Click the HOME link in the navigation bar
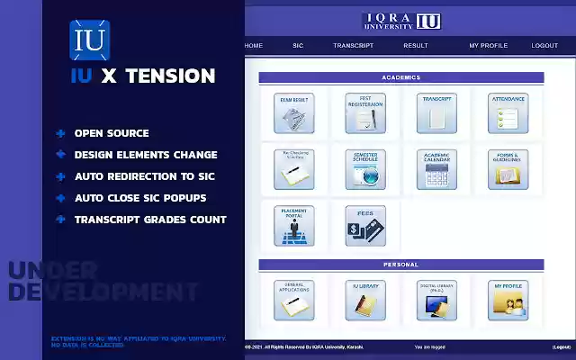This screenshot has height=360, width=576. pyautogui.click(x=254, y=46)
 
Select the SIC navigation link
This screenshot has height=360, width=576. pyautogui.click(x=298, y=46)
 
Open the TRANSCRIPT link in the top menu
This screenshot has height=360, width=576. pyautogui.click(x=353, y=46)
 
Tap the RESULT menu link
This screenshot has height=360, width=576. pyautogui.click(x=416, y=46)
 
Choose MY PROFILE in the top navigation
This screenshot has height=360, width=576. pyautogui.click(x=488, y=46)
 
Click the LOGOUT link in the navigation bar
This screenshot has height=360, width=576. pyautogui.click(x=544, y=46)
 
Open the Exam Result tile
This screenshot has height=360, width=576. pyautogui.click(x=294, y=112)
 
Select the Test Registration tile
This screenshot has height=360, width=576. pyautogui.click(x=365, y=112)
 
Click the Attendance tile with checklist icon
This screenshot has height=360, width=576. pyautogui.click(x=508, y=112)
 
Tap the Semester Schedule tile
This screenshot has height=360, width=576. pyautogui.click(x=365, y=168)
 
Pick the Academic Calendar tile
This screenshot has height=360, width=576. pyautogui.click(x=436, y=168)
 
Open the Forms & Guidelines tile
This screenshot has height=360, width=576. pyautogui.click(x=508, y=168)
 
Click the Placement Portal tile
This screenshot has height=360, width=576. pyautogui.click(x=294, y=225)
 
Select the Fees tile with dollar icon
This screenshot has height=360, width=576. pyautogui.click(x=365, y=225)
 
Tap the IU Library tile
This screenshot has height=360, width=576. pyautogui.click(x=365, y=300)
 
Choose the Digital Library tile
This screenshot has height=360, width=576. pyautogui.click(x=436, y=300)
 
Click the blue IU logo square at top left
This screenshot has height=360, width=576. pyautogui.click(x=89, y=39)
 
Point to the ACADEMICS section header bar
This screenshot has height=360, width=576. pyautogui.click(x=401, y=78)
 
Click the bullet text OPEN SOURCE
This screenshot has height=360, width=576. pyautogui.click(x=112, y=133)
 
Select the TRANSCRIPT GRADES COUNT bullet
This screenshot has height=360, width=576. pyautogui.click(x=150, y=220)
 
